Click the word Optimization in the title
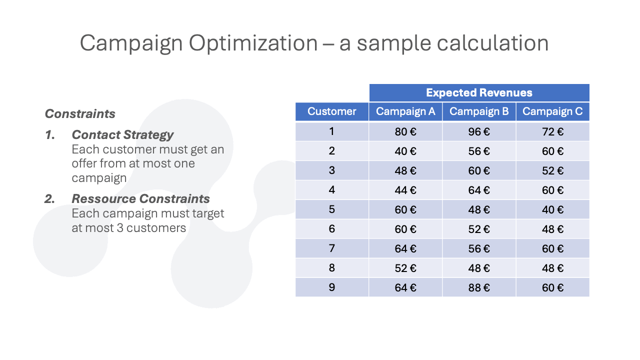coord(253,43)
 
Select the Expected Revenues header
coord(479,92)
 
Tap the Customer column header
coord(331,111)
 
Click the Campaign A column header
coord(405,111)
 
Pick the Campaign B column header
coord(479,111)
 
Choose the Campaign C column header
coord(552,111)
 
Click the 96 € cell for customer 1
coord(479,131)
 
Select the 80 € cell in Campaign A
coord(405,131)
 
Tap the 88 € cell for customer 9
coord(479,287)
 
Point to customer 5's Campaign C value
coord(552,209)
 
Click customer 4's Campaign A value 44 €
coord(405,190)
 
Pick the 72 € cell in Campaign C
coord(552,131)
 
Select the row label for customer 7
coord(331,248)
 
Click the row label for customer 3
coord(331,170)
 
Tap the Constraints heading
coord(80,113)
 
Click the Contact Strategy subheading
coord(122,135)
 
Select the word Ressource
coord(103,199)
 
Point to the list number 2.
coord(49,199)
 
